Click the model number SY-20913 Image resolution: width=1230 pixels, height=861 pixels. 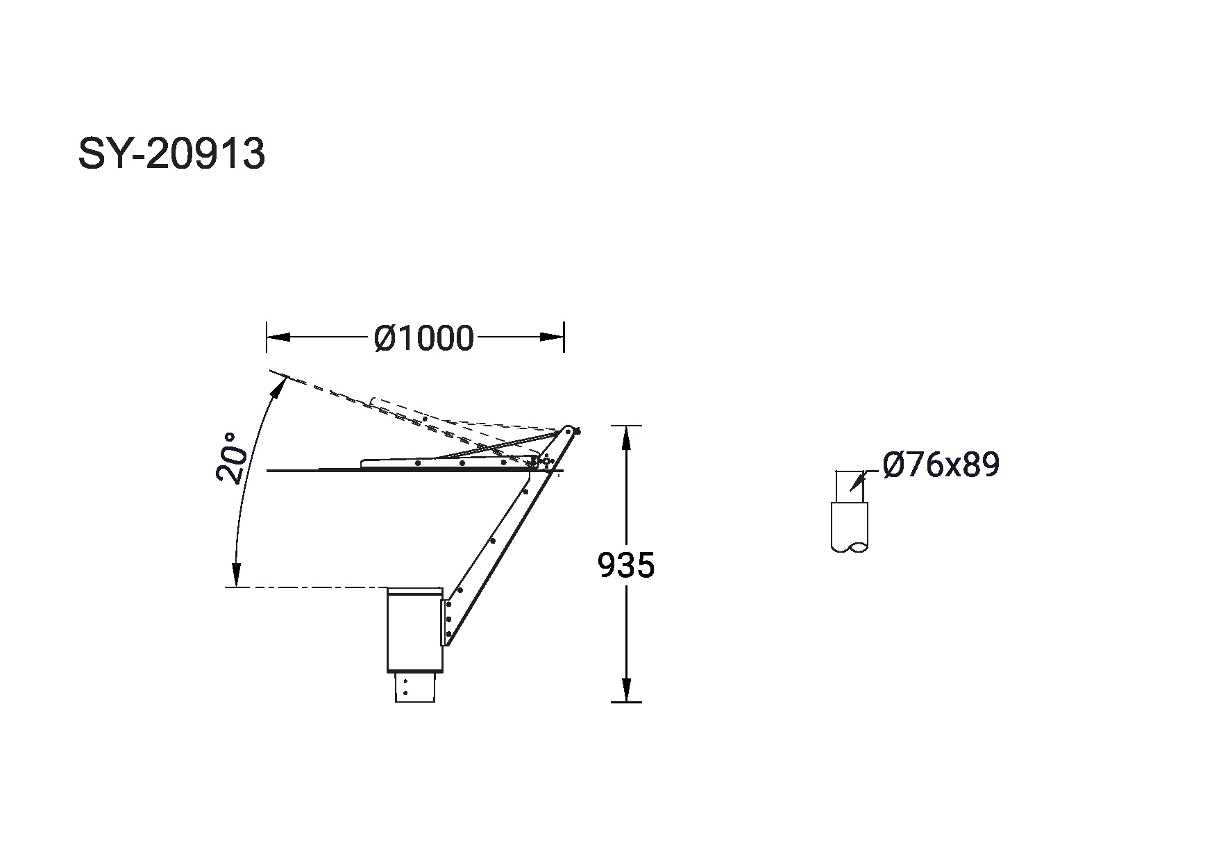pyautogui.click(x=171, y=153)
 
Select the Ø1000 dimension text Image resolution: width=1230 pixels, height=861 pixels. pyautogui.click(x=423, y=338)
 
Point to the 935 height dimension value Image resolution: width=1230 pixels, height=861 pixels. pyautogui.click(x=626, y=565)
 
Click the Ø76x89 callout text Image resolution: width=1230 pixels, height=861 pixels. pyautogui.click(x=941, y=465)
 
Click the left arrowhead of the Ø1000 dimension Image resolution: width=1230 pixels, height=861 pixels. pyautogui.click(x=278, y=337)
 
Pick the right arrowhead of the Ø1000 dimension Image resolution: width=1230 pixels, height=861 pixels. pyautogui.click(x=552, y=337)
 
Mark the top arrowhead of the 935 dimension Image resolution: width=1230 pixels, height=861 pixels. pyautogui.click(x=626, y=437)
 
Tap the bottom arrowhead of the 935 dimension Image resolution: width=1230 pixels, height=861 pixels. pyautogui.click(x=626, y=690)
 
